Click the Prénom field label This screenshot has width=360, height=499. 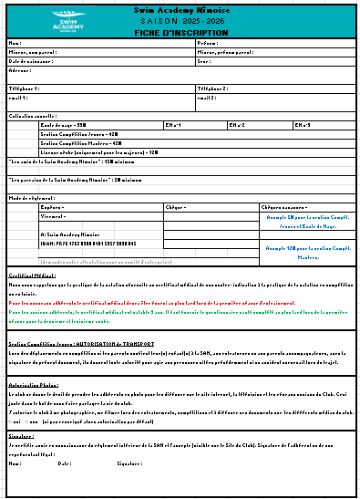tap(208, 43)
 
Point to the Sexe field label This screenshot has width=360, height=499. tap(204, 60)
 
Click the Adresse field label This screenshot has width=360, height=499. tap(20, 69)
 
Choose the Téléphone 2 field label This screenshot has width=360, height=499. tap(213, 88)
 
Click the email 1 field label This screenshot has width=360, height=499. tap(18, 97)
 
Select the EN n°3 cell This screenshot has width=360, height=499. tap(304, 124)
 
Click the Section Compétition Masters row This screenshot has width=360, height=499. tap(82, 142)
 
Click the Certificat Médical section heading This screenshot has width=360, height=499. tap(34, 275)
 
